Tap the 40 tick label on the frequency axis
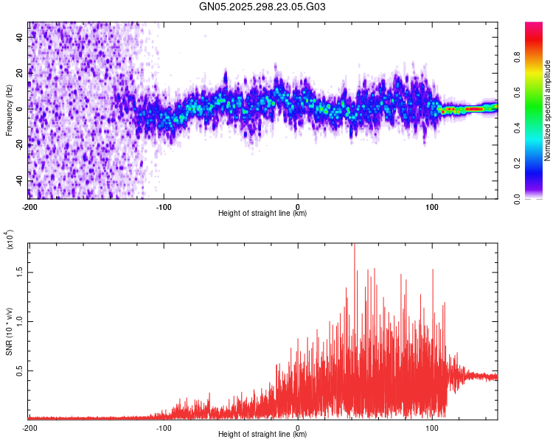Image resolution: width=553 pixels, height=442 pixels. coord(21,36)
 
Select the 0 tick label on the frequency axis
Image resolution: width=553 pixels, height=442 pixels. coord(21,108)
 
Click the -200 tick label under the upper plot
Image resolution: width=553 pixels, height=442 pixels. coord(29,206)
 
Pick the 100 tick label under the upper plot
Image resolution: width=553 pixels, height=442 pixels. coord(431,206)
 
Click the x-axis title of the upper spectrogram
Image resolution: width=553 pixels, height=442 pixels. coord(262,214)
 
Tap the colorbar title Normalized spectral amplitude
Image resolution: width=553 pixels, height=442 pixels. coord(547,110)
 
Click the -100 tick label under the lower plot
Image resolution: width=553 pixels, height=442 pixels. coord(164,427)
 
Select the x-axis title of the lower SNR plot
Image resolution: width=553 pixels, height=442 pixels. coord(262,435)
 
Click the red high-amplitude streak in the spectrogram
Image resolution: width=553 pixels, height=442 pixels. coord(473,109)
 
